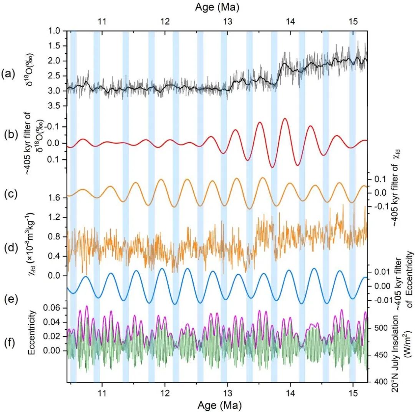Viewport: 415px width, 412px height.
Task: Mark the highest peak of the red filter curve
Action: point(285,118)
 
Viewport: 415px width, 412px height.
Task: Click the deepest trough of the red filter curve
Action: point(272,167)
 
